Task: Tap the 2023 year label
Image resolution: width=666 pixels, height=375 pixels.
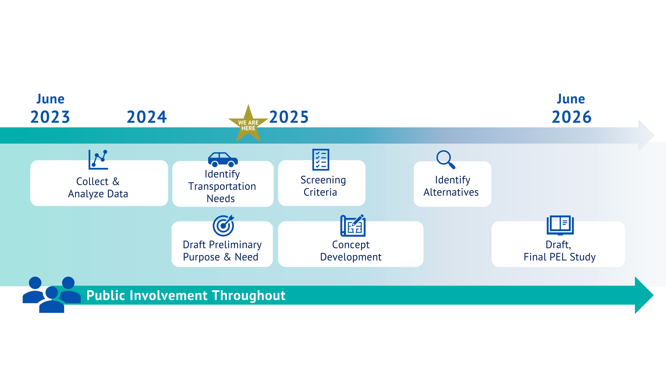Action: (50, 117)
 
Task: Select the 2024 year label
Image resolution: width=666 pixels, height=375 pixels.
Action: (147, 117)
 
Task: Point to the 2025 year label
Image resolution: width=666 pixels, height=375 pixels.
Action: (289, 117)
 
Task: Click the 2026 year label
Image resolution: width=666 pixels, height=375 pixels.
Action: (572, 117)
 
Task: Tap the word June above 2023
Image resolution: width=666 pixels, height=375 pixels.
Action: (51, 99)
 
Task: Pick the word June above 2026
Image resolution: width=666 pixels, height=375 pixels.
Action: (571, 99)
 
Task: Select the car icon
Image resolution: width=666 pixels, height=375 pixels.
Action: (223, 159)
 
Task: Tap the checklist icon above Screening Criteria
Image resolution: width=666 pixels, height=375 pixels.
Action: (321, 159)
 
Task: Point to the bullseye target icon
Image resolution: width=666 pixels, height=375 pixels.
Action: (224, 225)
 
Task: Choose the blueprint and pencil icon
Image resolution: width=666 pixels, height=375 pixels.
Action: (353, 225)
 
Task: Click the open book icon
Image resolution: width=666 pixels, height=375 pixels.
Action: (560, 225)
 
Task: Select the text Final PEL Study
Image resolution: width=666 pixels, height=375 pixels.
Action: (559, 257)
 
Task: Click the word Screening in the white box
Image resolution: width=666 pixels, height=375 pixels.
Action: (323, 180)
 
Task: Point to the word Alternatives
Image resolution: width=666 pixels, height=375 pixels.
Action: (451, 192)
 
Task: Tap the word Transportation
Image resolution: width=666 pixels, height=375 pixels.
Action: (222, 186)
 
